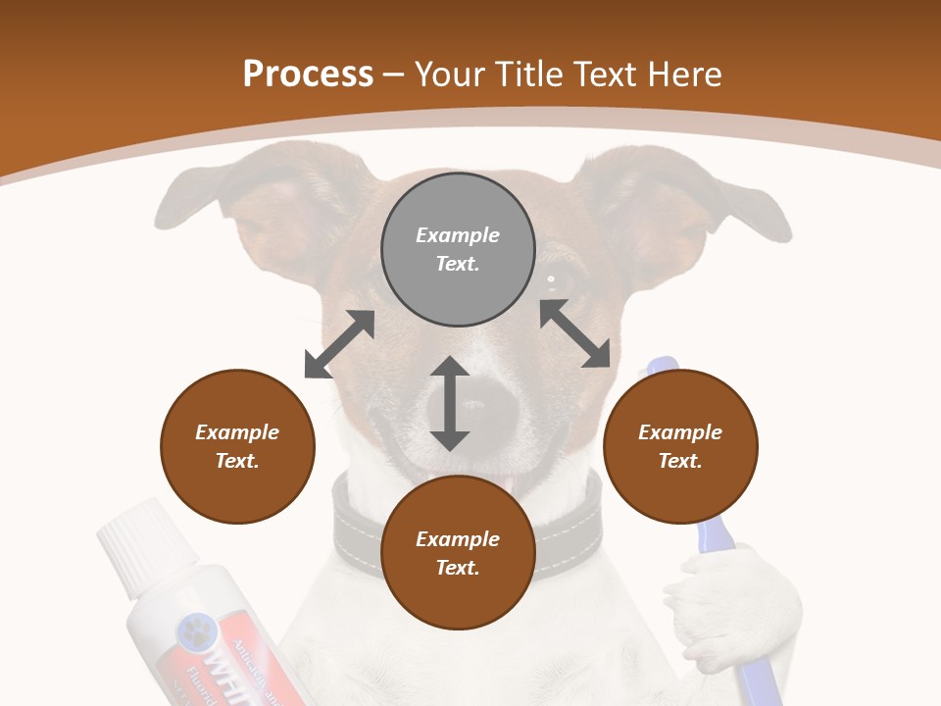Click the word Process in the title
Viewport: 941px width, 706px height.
[308, 75]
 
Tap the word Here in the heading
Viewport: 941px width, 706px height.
[679, 75]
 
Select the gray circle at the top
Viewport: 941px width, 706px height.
[458, 249]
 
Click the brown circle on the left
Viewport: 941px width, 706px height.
[237, 446]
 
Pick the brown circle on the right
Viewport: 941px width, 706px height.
[679, 446]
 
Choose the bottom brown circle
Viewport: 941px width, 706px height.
[458, 553]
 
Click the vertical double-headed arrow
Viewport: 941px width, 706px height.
[450, 403]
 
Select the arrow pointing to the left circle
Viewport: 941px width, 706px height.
[339, 344]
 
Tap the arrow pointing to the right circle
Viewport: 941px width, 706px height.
[575, 334]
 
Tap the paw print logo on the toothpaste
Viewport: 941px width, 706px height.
[194, 632]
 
